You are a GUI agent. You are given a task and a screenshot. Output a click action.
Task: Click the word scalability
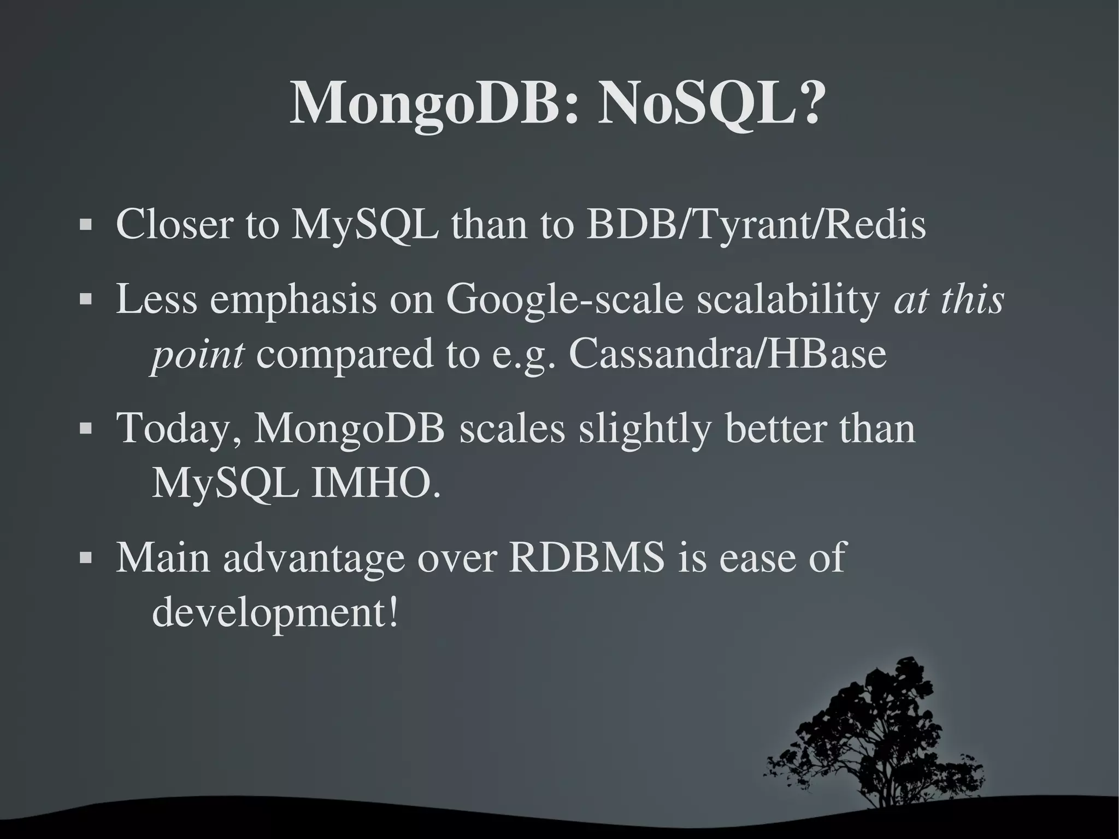click(x=787, y=301)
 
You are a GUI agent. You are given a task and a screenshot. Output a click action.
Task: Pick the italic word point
click(x=197, y=355)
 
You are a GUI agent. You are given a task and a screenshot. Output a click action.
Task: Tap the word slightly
click(x=645, y=429)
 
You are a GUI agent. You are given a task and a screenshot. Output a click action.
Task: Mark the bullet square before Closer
click(x=85, y=225)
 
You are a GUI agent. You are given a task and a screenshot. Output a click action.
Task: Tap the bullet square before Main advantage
click(x=85, y=558)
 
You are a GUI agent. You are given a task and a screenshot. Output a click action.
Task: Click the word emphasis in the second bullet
click(x=293, y=301)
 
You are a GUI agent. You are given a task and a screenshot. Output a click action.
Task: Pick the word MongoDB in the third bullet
click(x=350, y=429)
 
